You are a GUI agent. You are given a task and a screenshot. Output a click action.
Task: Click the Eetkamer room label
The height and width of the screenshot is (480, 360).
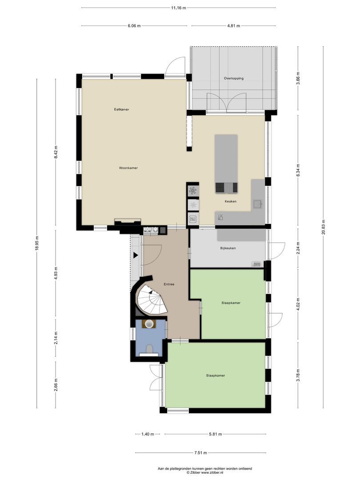[121, 109]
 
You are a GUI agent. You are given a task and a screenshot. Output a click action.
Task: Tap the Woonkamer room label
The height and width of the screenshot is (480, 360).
[128, 168]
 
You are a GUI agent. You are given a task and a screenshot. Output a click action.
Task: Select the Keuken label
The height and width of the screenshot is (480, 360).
[230, 201]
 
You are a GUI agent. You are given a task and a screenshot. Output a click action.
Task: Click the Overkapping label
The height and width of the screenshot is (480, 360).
[233, 78]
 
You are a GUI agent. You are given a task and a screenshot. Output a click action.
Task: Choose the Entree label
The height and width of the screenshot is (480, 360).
[169, 284]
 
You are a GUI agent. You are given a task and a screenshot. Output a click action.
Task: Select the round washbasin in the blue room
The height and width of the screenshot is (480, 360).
[149, 324]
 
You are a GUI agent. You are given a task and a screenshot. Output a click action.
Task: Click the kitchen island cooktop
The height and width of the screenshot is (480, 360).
[226, 188]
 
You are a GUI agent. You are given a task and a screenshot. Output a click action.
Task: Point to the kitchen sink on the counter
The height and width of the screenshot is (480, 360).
[257, 204]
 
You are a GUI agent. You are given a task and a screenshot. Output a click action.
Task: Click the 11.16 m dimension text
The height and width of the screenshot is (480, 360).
[179, 8]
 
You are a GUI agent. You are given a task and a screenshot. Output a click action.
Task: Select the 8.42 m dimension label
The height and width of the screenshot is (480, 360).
[56, 152]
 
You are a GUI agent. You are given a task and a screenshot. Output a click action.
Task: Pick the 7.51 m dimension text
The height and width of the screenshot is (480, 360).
[201, 453]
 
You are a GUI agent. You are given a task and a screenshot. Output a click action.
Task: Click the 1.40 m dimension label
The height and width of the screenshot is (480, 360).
[147, 434]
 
